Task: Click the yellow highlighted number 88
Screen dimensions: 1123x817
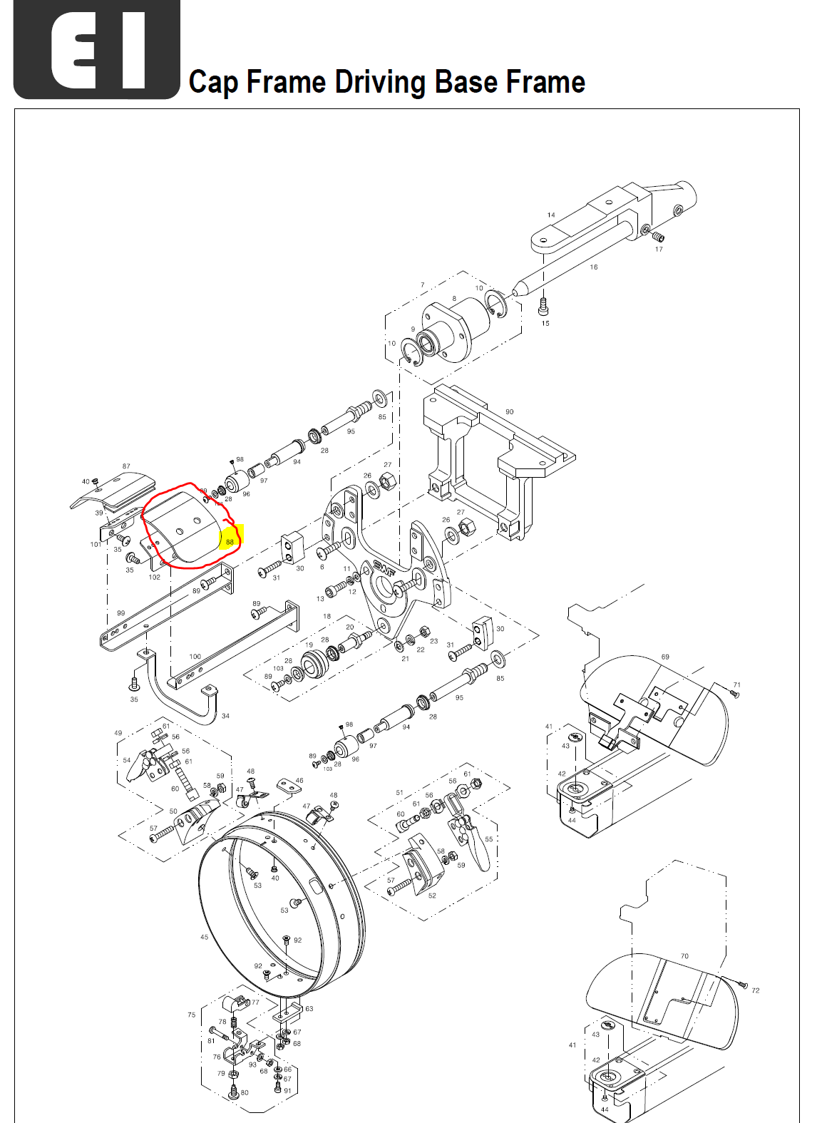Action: pyautogui.click(x=230, y=542)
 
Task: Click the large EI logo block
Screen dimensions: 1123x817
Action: pyautogui.click(x=97, y=49)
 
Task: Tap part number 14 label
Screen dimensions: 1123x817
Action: pyautogui.click(x=551, y=215)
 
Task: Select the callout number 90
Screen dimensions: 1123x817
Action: pyautogui.click(x=509, y=412)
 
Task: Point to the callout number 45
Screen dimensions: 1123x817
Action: pyautogui.click(x=205, y=937)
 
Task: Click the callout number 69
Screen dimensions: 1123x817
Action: pyautogui.click(x=665, y=657)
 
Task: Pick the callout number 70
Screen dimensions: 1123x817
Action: pyautogui.click(x=684, y=956)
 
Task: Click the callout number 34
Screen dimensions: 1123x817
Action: pyautogui.click(x=225, y=716)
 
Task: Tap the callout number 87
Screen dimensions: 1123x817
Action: pyautogui.click(x=126, y=466)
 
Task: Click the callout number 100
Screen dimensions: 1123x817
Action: pyautogui.click(x=195, y=657)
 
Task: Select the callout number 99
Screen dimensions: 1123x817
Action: pyautogui.click(x=120, y=613)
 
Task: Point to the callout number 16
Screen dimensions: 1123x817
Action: pyautogui.click(x=594, y=267)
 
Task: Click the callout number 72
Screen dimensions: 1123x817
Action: pyautogui.click(x=756, y=990)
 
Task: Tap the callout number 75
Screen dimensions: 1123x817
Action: pyautogui.click(x=191, y=1015)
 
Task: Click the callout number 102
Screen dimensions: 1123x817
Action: pyautogui.click(x=155, y=578)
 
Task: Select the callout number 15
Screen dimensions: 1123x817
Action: pyautogui.click(x=545, y=323)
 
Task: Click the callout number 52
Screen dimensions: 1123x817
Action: pyautogui.click(x=432, y=896)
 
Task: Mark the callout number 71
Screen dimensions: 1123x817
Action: pyautogui.click(x=737, y=684)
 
